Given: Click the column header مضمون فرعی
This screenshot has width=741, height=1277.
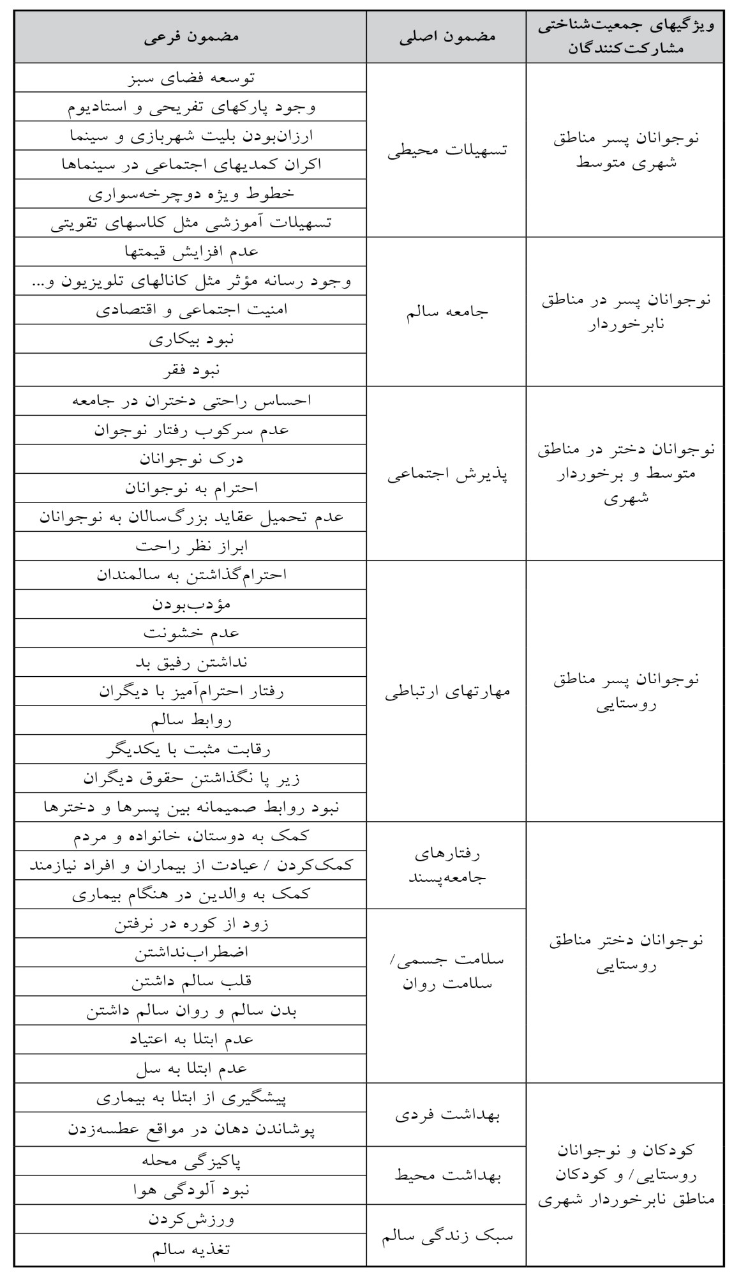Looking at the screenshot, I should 191,36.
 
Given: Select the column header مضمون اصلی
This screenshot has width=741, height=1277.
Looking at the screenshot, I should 447,36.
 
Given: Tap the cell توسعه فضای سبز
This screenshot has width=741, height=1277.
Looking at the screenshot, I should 191,78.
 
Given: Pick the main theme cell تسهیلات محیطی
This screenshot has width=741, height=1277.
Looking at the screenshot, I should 447,151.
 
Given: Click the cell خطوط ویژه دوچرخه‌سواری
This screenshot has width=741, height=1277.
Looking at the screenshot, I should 191,193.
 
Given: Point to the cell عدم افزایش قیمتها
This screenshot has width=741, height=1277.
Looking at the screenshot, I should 191,252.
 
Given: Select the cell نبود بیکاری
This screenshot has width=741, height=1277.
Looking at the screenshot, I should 191,340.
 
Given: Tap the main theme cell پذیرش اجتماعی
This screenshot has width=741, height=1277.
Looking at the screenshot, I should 447,474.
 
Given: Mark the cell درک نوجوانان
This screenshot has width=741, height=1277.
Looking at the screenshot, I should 191,458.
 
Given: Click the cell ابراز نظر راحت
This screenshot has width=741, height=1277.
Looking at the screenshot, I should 191,547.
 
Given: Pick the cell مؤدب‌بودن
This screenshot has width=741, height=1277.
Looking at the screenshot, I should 191,604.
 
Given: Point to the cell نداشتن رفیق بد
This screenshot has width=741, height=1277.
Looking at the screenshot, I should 191,663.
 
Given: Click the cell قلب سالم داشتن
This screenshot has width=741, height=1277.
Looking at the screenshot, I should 191,982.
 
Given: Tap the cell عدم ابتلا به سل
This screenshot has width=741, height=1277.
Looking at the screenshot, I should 191,1069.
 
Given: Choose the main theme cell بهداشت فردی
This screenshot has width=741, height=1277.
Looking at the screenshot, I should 447,1115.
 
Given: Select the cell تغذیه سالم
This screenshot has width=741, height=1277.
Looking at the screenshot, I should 191,1249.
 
